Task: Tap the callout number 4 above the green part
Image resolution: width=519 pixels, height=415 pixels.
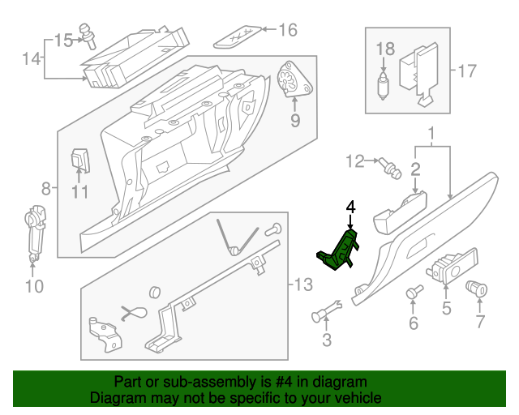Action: point(350,208)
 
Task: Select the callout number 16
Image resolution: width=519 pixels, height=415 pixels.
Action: point(288,31)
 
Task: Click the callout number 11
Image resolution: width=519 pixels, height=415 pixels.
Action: point(79,192)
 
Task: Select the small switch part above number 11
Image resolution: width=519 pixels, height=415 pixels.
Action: point(79,160)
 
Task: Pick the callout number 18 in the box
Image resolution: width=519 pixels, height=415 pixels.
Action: point(385,49)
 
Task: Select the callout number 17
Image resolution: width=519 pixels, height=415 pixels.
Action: point(465,71)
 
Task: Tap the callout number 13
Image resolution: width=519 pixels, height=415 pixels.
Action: point(302,285)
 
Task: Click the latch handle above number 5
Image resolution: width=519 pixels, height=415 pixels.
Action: point(448,268)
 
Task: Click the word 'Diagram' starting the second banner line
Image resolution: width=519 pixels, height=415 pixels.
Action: point(117,398)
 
